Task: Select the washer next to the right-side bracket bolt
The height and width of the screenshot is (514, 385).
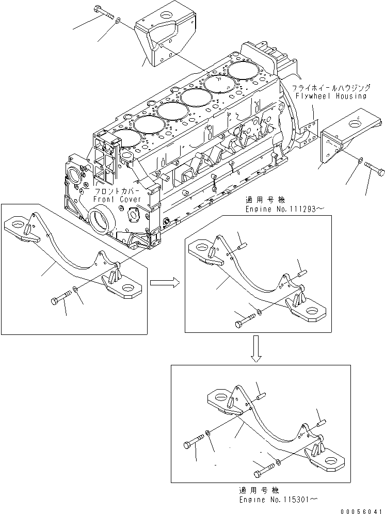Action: click(x=359, y=162)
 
